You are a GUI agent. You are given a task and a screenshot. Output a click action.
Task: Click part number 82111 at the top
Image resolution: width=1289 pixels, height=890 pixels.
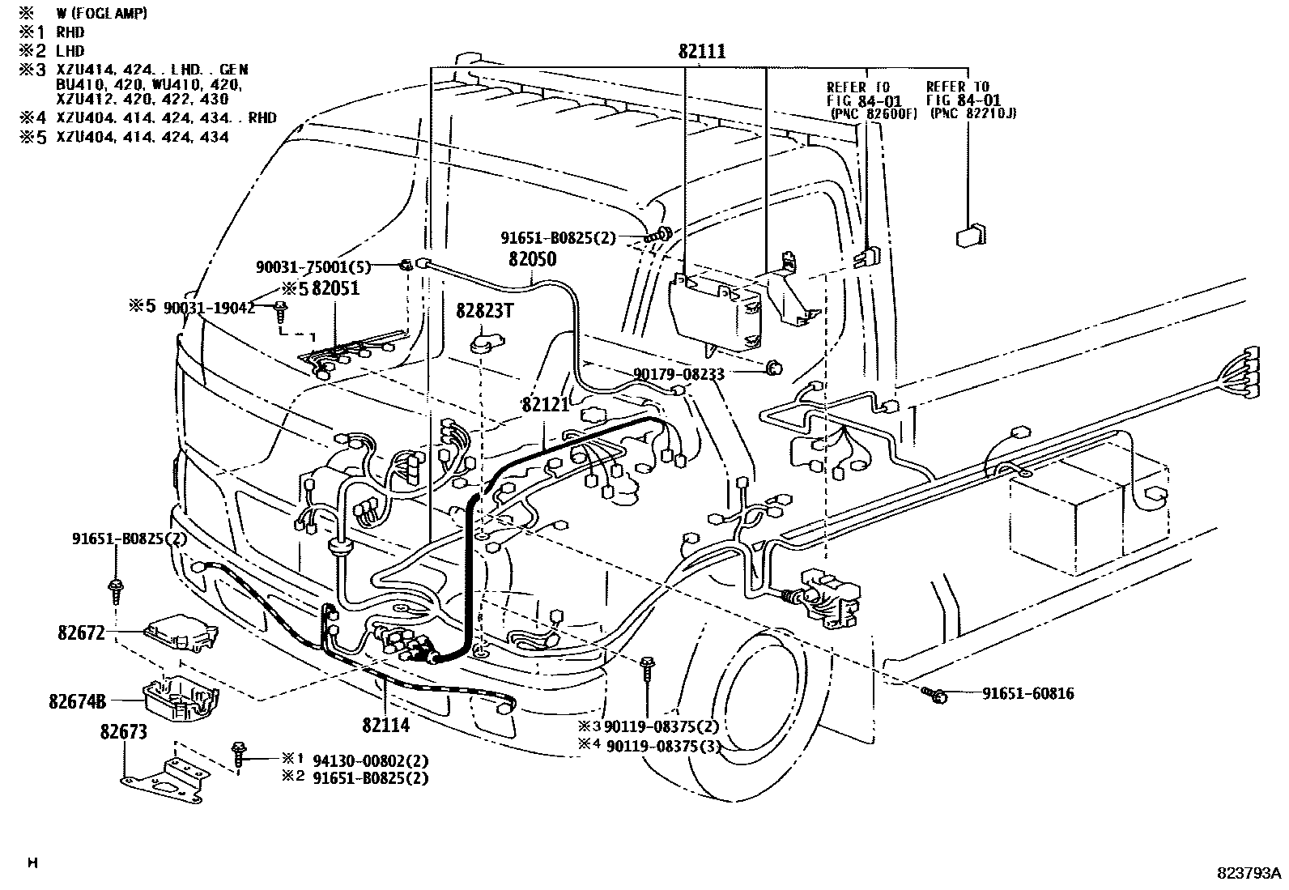click(702, 52)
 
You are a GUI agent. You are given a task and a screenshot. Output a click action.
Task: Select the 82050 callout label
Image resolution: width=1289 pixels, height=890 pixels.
click(533, 259)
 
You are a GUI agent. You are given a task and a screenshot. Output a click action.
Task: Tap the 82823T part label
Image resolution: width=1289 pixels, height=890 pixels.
click(483, 310)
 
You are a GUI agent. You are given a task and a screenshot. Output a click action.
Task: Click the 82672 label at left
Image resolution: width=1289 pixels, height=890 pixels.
click(81, 632)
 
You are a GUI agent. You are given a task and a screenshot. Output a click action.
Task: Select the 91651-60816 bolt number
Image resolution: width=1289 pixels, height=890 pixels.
click(1028, 694)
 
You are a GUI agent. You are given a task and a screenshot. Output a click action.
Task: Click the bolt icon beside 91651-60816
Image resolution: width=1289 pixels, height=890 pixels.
click(936, 694)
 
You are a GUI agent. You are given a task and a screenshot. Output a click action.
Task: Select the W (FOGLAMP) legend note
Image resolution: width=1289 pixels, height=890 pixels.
click(101, 15)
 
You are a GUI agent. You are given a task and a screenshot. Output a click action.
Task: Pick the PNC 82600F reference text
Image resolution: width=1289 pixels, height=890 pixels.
click(873, 114)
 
